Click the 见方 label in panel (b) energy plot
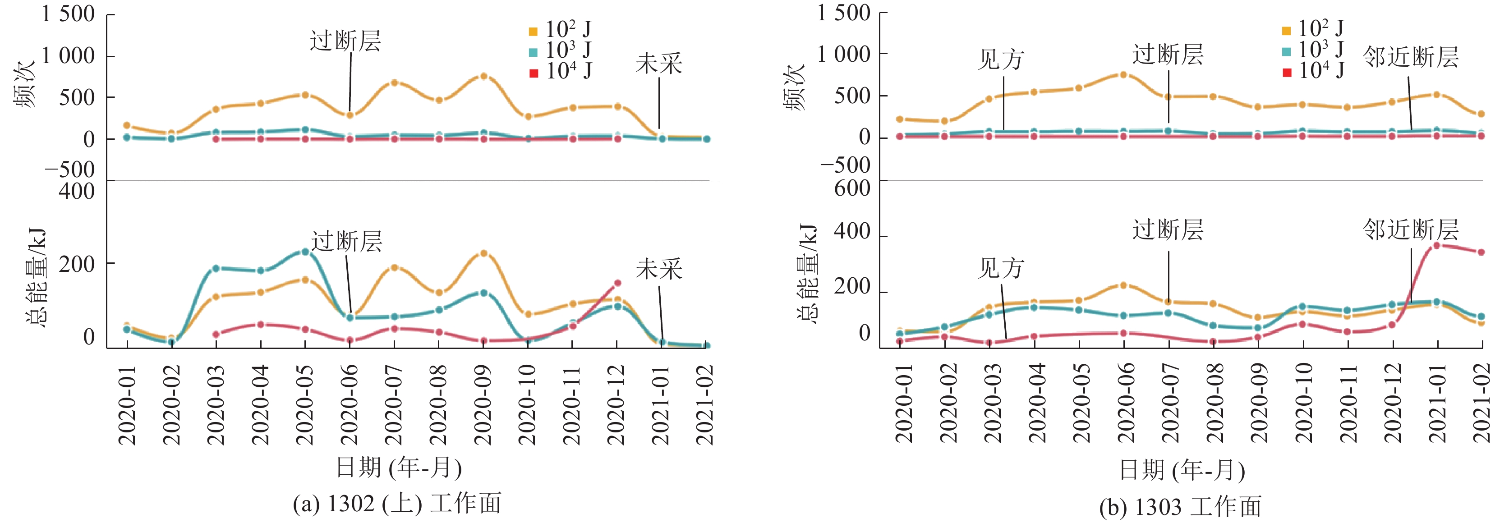[1001, 269]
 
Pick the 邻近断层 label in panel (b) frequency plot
[1411, 57]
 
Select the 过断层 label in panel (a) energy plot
[346, 241]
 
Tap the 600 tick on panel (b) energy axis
[852, 188]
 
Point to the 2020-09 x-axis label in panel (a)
[483, 404]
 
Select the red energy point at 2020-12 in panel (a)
[617, 283]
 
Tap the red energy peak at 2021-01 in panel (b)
[1436, 245]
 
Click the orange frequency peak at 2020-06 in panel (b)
[1123, 74]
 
